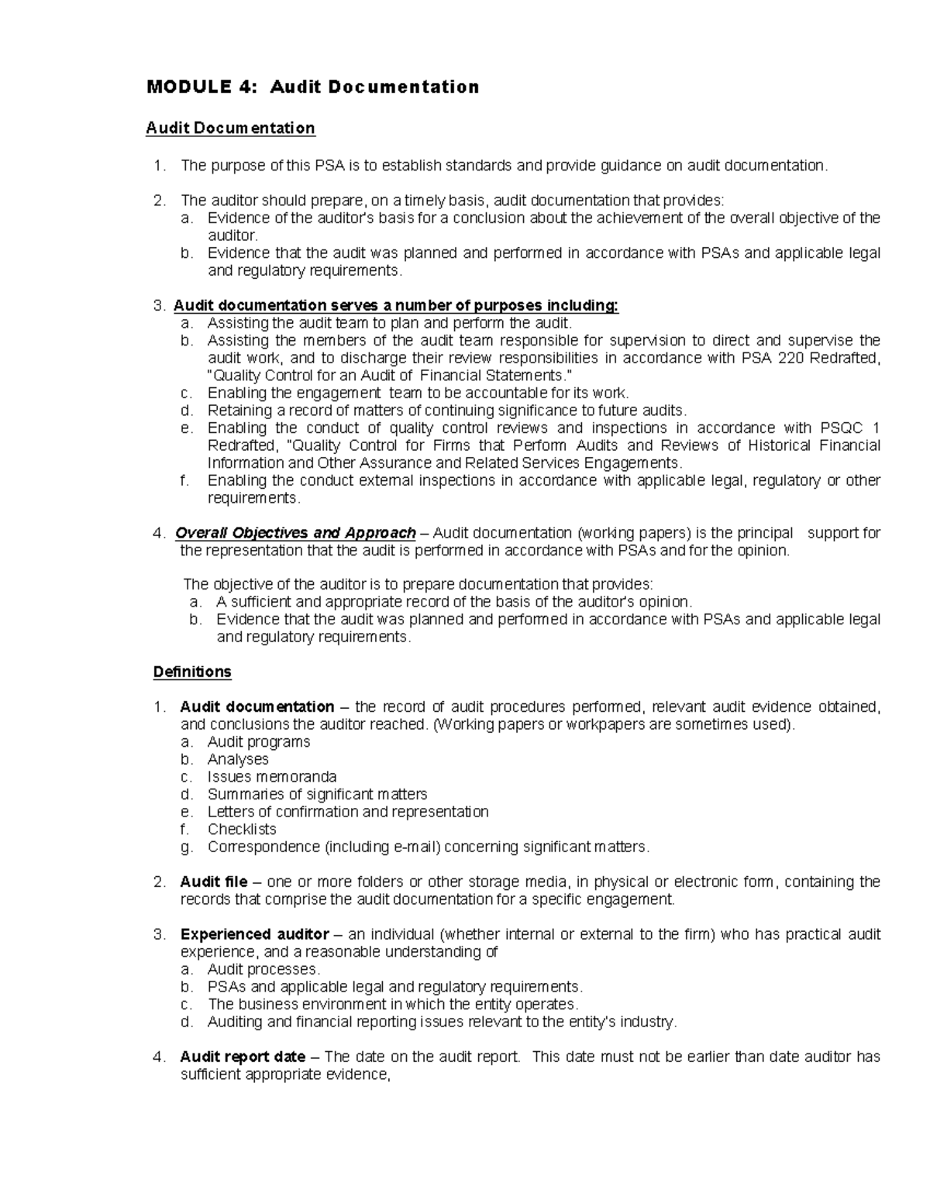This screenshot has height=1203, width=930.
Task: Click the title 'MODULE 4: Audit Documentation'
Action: [x=312, y=87]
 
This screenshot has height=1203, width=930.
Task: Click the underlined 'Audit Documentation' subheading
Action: [x=230, y=128]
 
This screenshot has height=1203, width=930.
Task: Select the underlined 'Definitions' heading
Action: [x=192, y=672]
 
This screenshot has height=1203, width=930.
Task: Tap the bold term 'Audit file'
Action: [x=213, y=882]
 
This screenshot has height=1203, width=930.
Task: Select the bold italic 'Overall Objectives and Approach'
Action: [x=295, y=533]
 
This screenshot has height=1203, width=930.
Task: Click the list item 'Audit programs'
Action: [x=258, y=741]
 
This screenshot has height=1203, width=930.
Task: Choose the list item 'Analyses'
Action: [x=238, y=759]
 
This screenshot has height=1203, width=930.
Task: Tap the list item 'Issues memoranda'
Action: [x=271, y=776]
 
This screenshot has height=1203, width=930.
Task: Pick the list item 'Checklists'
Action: [x=242, y=829]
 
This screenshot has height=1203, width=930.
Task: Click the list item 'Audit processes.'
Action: [x=263, y=969]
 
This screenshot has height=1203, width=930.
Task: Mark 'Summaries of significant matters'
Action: [x=317, y=794]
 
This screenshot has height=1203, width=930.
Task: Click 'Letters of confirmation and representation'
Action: [x=348, y=812]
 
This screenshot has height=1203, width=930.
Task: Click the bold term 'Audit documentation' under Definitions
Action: [x=257, y=706]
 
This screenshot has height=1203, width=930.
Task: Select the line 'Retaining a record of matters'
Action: [x=447, y=411]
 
